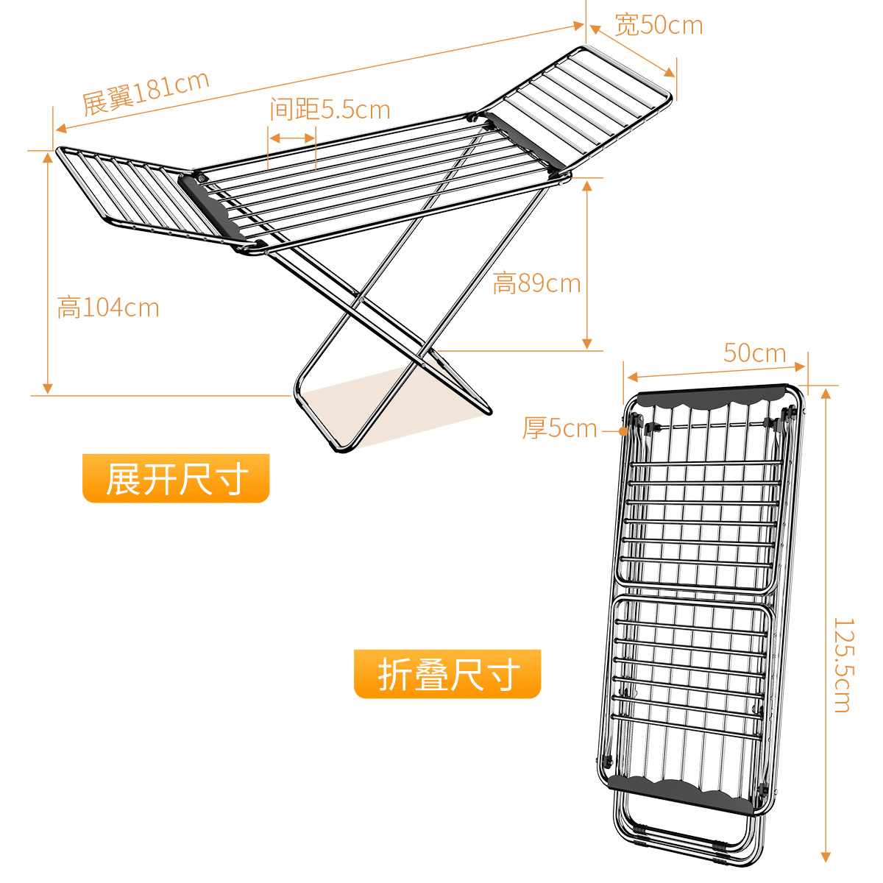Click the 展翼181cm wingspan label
tap(146, 93)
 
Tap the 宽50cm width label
tap(659, 25)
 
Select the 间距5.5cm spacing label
tap(330, 110)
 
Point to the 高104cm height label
tap(108, 307)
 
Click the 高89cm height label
tap(536, 283)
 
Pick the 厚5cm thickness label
tap(559, 428)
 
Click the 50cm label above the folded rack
tap(754, 352)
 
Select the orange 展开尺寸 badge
tap(176, 479)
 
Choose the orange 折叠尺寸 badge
tap(447, 674)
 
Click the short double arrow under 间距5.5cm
tap(291, 138)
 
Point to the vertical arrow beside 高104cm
tap(48, 272)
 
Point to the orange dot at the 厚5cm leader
tap(623, 430)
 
